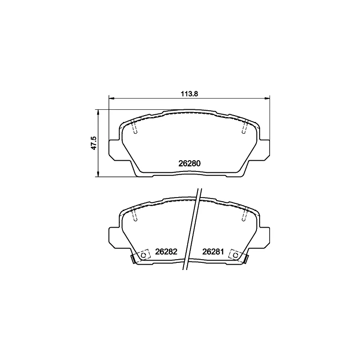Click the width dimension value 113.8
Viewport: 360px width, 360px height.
[189, 94]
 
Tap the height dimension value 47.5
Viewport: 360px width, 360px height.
[94, 143]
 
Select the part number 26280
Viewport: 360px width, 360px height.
[189, 163]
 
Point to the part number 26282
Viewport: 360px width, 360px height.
[166, 252]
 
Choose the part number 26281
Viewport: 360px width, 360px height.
[213, 252]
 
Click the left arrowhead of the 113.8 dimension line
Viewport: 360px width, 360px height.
[111, 99]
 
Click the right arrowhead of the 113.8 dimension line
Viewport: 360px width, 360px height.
[267, 99]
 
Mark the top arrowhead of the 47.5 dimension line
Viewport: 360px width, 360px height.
[98, 112]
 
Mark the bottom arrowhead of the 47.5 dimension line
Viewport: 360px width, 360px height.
[98, 174]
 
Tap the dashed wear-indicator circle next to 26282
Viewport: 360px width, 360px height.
[144, 255]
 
